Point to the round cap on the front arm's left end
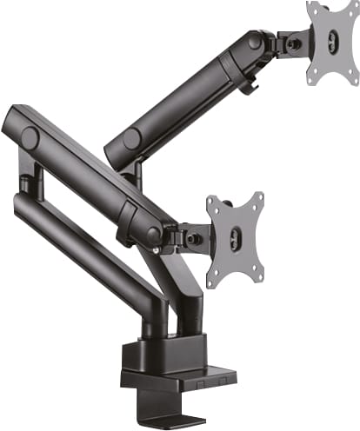click(x=30, y=138)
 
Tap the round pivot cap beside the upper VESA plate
click(x=254, y=40)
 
